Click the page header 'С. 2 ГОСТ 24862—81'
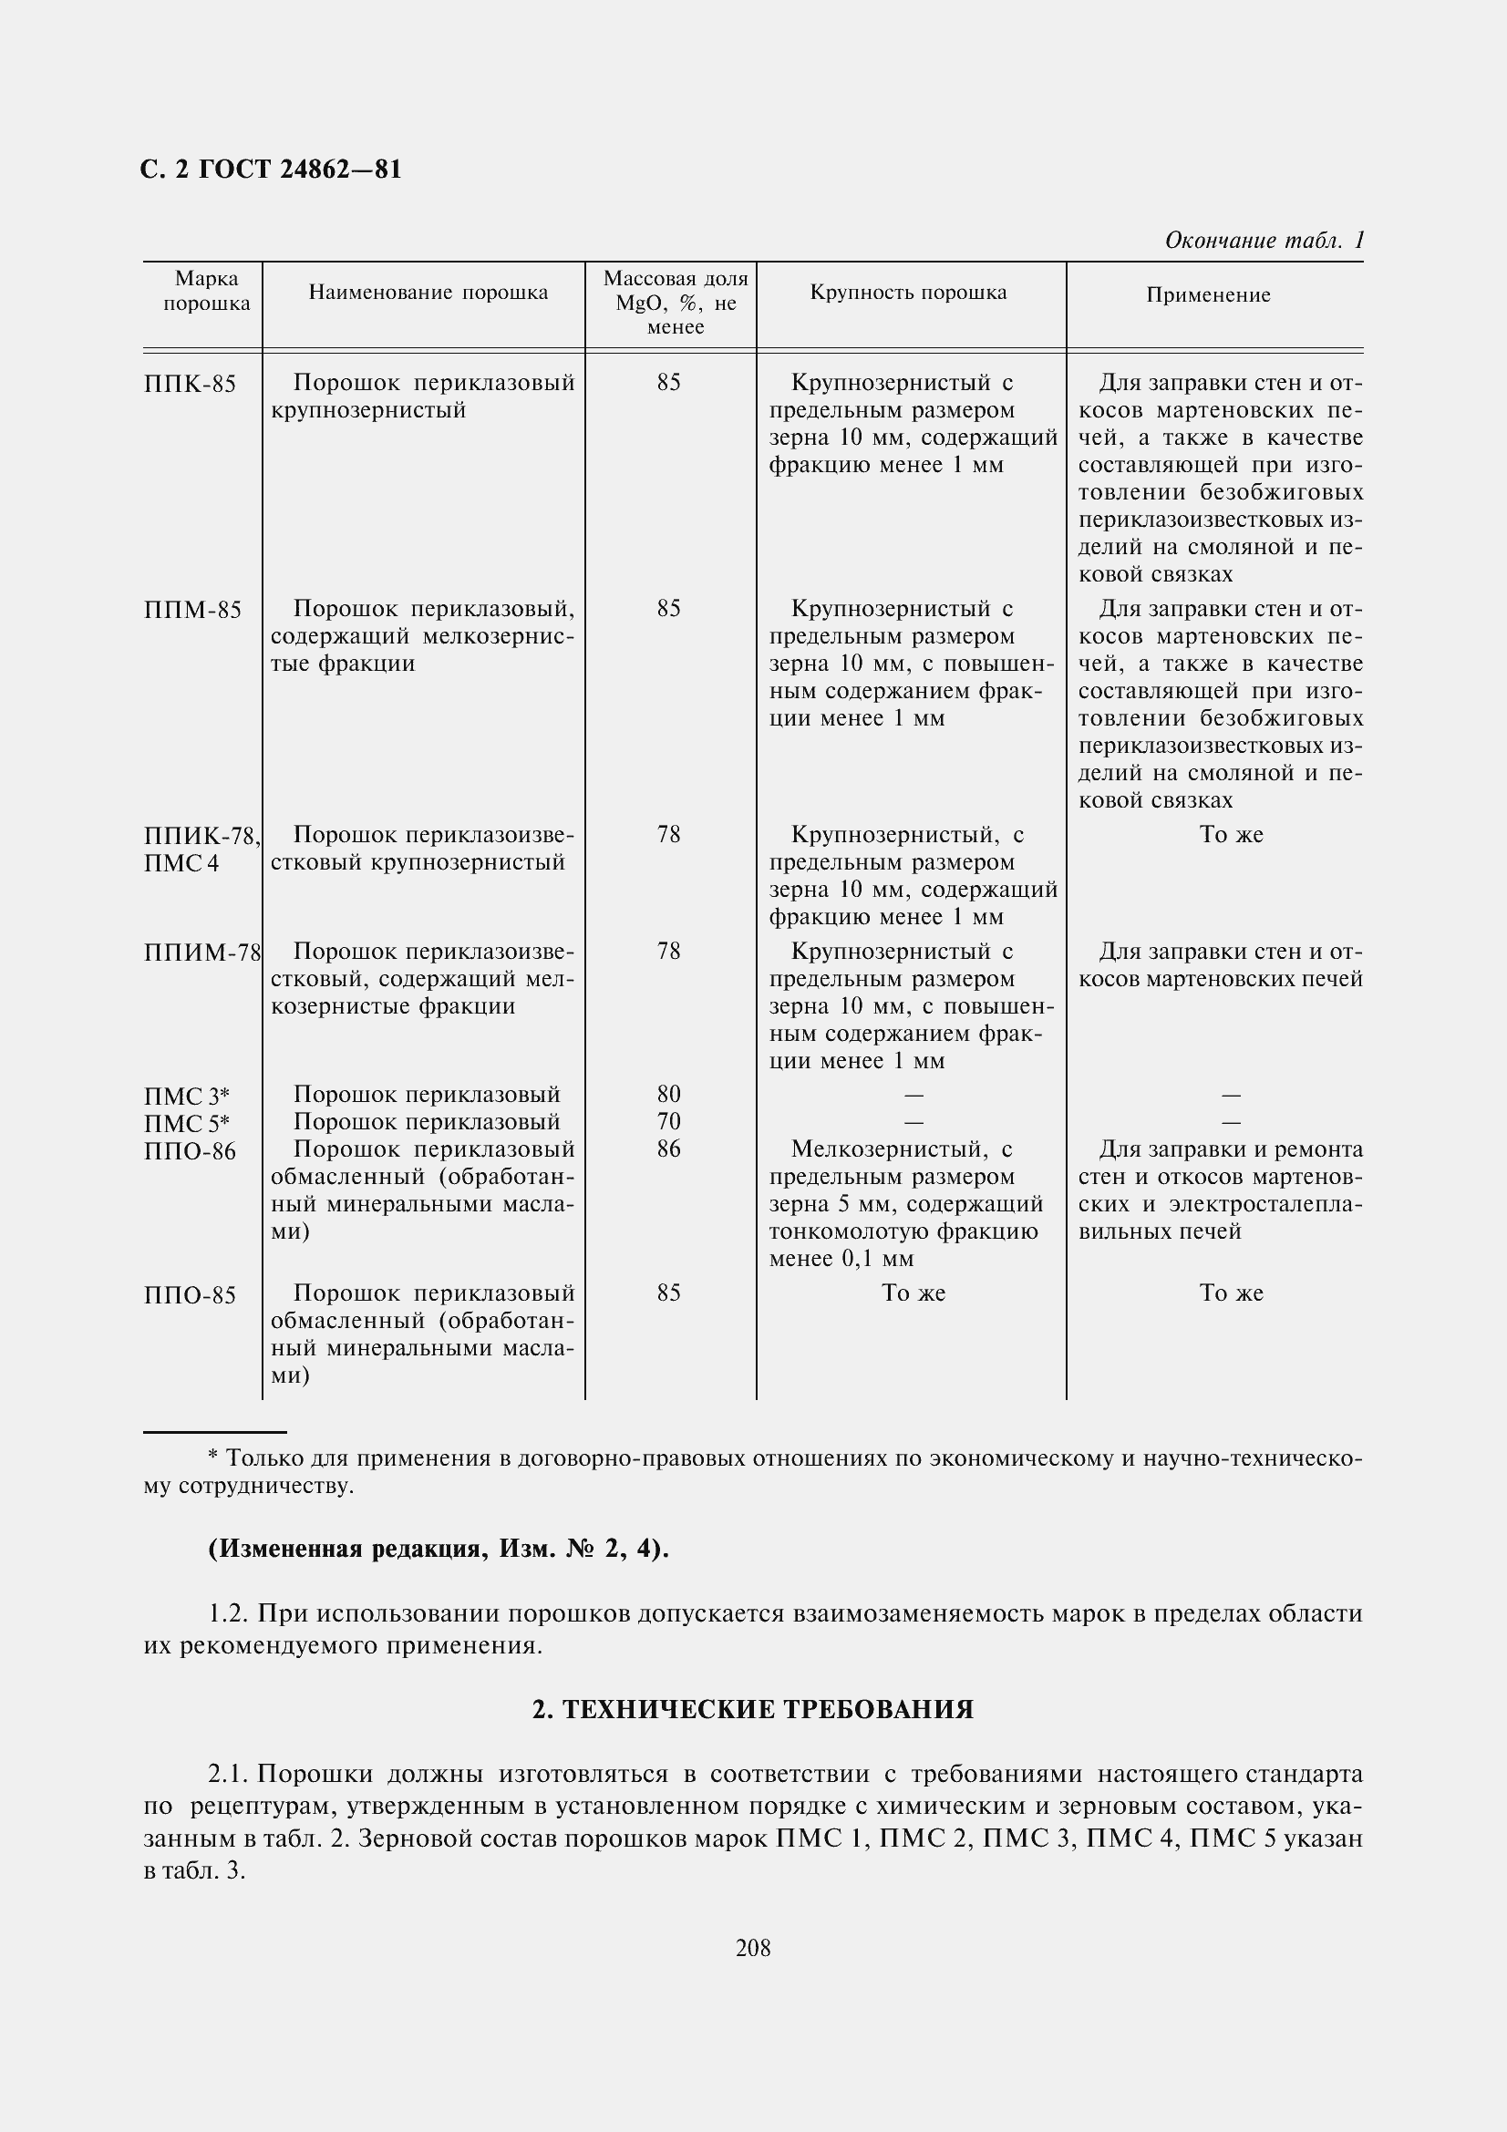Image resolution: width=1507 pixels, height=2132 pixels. pyautogui.click(x=270, y=169)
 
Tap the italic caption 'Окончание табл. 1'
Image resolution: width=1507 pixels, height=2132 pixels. pyautogui.click(x=1264, y=241)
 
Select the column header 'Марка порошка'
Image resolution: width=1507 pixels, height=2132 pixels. pyautogui.click(x=206, y=291)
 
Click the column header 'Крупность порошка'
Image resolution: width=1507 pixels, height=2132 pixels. pyautogui.click(x=908, y=293)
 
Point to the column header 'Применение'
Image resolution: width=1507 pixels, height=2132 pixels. pyautogui.click(x=1207, y=295)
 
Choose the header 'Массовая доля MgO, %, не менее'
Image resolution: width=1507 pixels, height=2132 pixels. pyautogui.click(x=675, y=303)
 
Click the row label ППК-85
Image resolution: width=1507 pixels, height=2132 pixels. pyautogui.click(x=191, y=385)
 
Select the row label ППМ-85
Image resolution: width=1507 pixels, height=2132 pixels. pyautogui.click(x=192, y=610)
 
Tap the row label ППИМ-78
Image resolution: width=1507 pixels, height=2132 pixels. pyautogui.click(x=202, y=953)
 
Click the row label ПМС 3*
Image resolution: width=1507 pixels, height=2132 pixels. pyautogui.click(x=187, y=1097)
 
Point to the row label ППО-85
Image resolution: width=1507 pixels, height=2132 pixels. pyautogui.click(x=191, y=1295)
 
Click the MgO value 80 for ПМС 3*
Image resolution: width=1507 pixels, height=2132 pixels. pyautogui.click(x=668, y=1094)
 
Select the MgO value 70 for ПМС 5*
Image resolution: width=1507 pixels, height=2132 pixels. pyautogui.click(x=668, y=1122)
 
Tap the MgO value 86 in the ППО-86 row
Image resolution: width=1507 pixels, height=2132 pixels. pyautogui.click(x=668, y=1149)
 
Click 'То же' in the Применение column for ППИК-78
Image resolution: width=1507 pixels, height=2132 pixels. pyautogui.click(x=1232, y=835)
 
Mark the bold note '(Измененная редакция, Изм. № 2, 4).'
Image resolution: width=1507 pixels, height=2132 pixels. pyautogui.click(x=439, y=1549)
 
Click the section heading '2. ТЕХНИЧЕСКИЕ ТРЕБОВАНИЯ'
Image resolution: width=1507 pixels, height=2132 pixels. pyautogui.click(x=753, y=1709)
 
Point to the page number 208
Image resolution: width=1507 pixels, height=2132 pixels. pyautogui.click(x=753, y=1948)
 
